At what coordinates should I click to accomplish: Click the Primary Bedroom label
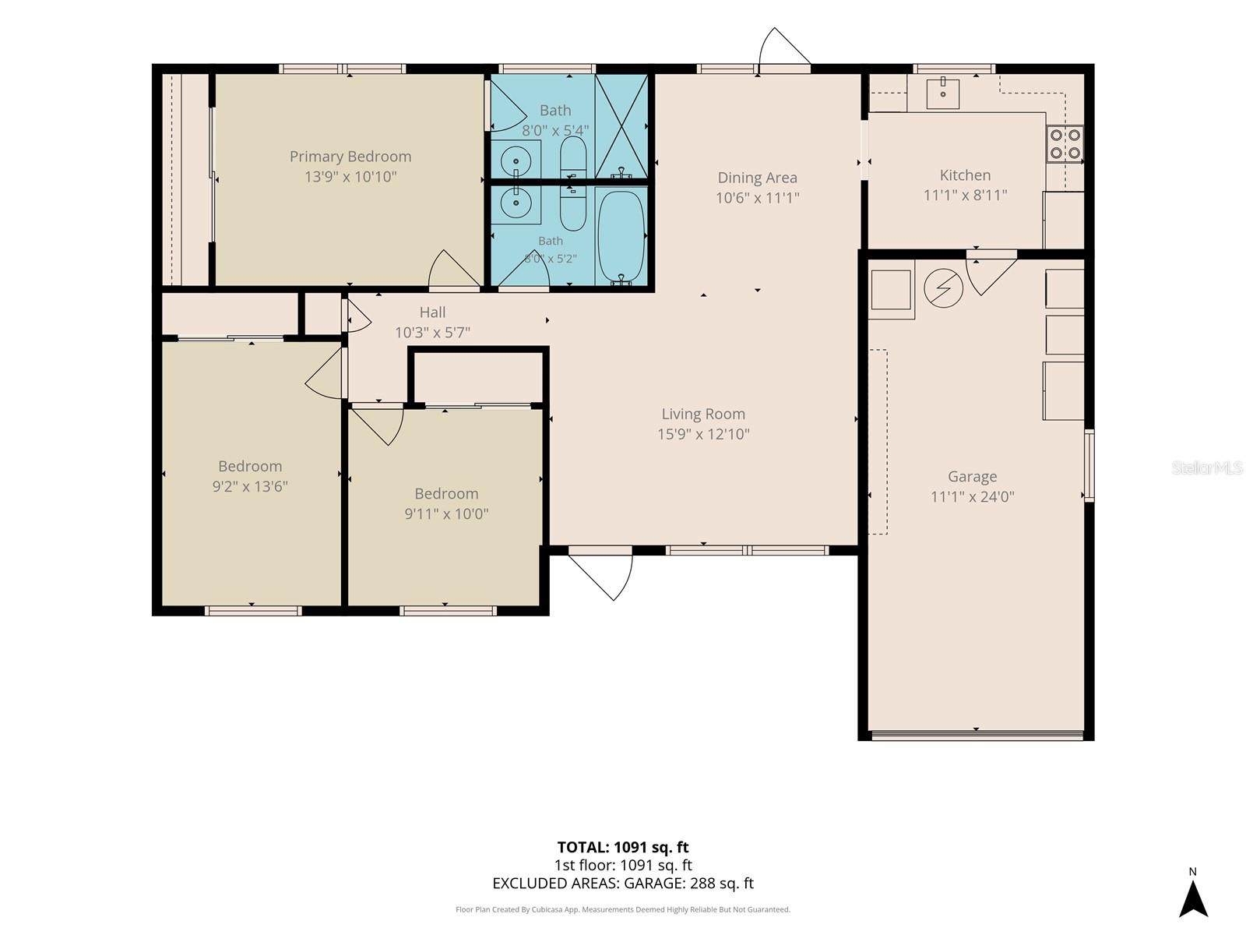350,156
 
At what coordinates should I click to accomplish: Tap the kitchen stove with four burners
1065,144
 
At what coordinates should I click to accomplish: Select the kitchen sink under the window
943,93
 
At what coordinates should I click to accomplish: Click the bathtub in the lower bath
621,237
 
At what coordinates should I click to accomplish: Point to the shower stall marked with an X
621,126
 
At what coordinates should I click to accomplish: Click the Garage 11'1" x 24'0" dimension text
973,496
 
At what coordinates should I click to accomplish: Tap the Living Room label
703,414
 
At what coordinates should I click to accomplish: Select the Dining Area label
757,178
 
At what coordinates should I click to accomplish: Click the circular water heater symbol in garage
943,288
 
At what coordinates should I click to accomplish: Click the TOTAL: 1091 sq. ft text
623,847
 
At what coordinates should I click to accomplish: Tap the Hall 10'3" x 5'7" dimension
432,332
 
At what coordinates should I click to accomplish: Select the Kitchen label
965,175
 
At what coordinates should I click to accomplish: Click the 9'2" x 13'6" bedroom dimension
250,486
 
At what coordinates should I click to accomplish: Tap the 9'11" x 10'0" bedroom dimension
446,513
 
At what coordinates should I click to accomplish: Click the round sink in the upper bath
516,161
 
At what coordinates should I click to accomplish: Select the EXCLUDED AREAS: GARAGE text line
623,883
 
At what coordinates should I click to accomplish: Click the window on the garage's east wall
1089,465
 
